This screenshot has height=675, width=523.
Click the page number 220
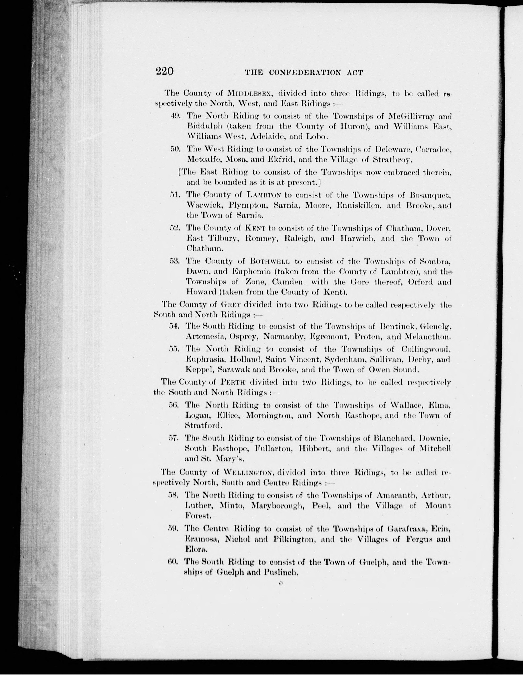click(x=165, y=71)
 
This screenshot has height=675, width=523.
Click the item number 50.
click(x=175, y=149)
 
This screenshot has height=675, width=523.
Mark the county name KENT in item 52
click(x=254, y=228)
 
